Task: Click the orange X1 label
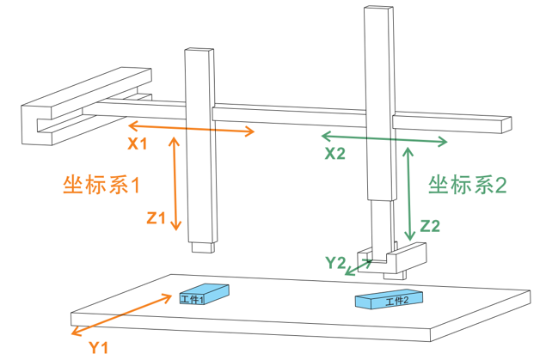[x=138, y=144]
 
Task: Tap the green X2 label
[x=335, y=154]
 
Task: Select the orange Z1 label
[x=156, y=218]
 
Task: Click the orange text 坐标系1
[x=101, y=184]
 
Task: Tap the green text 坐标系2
[x=469, y=184]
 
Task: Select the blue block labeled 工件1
[x=203, y=294]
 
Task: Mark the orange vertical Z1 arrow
[x=176, y=185]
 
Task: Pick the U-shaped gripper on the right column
[x=396, y=258]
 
